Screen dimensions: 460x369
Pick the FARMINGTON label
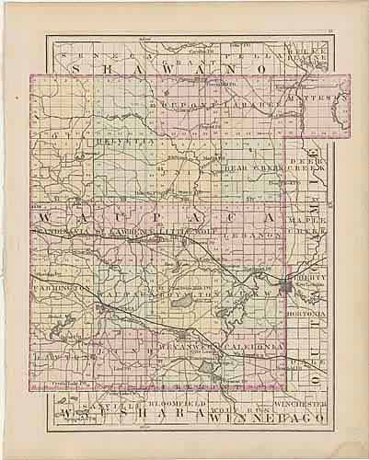63,288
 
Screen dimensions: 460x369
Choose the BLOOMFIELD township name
171,404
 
